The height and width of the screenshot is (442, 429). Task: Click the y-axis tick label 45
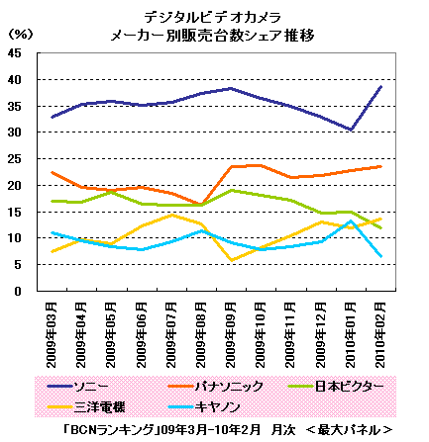15,53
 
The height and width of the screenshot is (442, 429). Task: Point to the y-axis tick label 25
15,159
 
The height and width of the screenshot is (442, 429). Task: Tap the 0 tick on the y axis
18,292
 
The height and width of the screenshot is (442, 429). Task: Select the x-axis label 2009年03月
52,335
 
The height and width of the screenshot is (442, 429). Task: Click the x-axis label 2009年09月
231,335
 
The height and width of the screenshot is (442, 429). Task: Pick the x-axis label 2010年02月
381,335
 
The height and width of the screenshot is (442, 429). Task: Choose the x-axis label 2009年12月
321,335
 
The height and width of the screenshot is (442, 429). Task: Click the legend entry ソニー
78,387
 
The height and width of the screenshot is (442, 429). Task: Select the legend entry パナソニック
216,387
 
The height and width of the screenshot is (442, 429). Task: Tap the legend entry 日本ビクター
336,387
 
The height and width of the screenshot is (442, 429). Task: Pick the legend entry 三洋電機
86,407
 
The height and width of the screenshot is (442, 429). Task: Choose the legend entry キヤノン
204,407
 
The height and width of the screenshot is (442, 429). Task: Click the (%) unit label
21,34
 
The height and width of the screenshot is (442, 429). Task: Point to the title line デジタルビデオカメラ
212,17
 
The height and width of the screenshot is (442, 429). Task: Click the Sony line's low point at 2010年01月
351,130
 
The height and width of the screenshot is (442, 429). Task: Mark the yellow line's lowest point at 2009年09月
232,260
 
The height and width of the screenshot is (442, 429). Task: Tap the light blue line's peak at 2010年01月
351,221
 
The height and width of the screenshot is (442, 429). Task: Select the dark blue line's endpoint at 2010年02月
381,86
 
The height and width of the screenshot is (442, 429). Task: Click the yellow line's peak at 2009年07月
171,215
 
